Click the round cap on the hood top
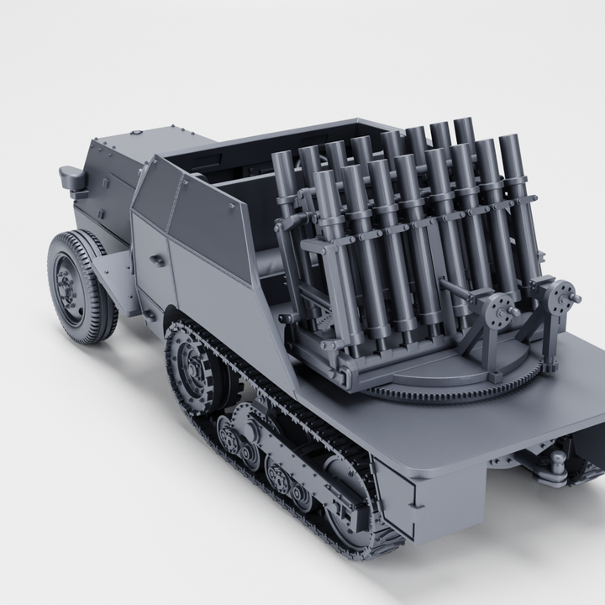click(134, 133)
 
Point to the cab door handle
click(156, 260)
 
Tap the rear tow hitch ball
click(555, 461)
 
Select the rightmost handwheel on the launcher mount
click(560, 296)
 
